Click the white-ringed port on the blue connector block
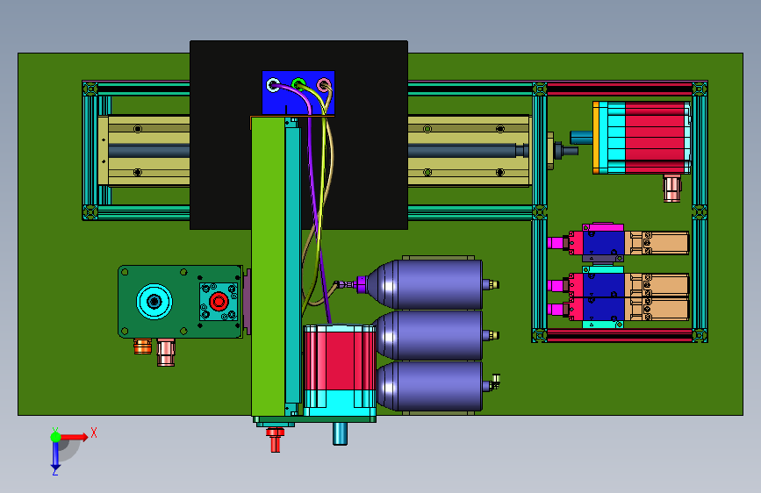[274, 85]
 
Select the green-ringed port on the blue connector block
[299, 84]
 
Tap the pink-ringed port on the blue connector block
[324, 85]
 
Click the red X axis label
[94, 432]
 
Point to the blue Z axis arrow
[55, 454]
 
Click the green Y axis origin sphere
[56, 437]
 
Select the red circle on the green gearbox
[219, 302]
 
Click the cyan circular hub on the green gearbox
[154, 302]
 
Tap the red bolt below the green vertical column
[276, 439]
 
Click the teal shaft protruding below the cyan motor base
[340, 434]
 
